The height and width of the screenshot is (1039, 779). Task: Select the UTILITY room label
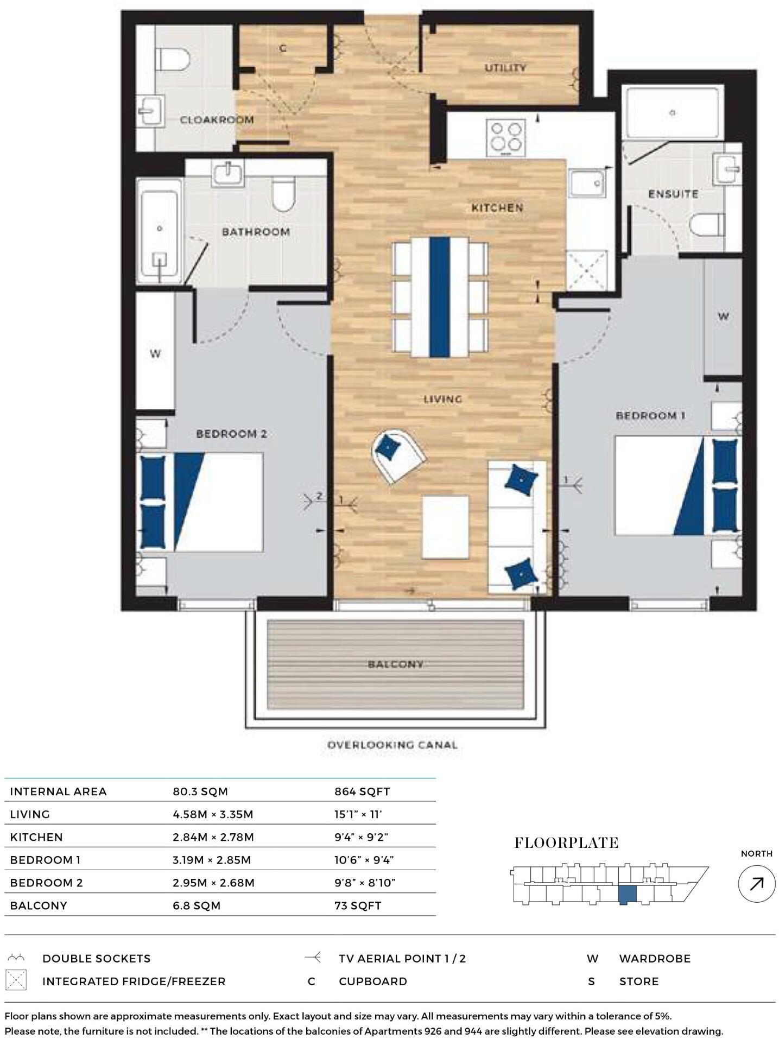click(505, 68)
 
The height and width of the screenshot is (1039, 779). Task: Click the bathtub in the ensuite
click(673, 113)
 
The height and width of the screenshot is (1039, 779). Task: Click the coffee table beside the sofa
click(445, 527)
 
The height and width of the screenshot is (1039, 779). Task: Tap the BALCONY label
click(395, 664)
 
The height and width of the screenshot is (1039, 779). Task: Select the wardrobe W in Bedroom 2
click(155, 354)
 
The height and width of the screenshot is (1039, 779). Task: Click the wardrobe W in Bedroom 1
click(723, 316)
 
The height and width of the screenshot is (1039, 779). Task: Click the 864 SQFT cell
click(362, 791)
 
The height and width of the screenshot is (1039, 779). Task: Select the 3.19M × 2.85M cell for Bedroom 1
click(212, 860)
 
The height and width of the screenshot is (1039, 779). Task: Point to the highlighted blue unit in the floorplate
click(628, 894)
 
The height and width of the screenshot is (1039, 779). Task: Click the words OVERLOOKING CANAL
click(392, 745)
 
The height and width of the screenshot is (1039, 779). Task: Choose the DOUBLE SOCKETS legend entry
click(96, 959)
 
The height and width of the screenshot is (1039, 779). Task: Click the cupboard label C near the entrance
click(283, 49)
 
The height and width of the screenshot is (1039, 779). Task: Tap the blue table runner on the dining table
click(440, 296)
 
